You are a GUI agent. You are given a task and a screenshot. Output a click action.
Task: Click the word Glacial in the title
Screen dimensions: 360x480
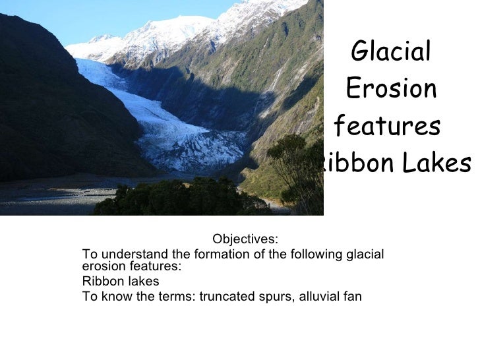(x=392, y=50)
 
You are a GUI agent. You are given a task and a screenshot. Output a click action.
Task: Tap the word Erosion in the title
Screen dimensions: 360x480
(x=391, y=88)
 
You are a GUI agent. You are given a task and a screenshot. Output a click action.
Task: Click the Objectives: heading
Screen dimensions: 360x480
(x=246, y=238)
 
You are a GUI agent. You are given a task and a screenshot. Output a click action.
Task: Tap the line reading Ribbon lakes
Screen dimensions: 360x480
(x=111, y=282)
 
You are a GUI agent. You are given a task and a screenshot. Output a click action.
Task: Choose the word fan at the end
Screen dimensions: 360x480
(x=352, y=296)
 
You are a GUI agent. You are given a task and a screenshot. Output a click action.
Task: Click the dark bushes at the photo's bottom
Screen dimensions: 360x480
(x=178, y=198)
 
